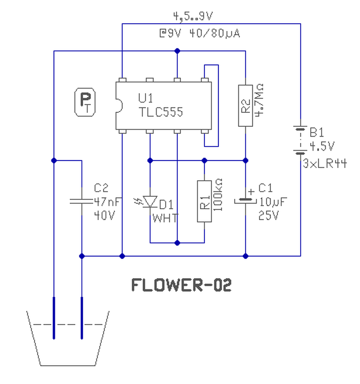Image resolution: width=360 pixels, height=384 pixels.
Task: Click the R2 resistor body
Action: pyautogui.click(x=245, y=106)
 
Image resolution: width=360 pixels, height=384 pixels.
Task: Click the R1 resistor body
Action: pyautogui.click(x=205, y=201)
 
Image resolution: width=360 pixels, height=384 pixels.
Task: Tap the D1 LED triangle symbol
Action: pyautogui.click(x=150, y=201)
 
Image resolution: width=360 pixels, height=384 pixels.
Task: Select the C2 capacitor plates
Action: pyautogui.click(x=82, y=201)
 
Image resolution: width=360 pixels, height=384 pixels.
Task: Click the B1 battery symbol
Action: pyautogui.click(x=300, y=140)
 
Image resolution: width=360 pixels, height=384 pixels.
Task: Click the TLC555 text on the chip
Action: pyautogui.click(x=161, y=112)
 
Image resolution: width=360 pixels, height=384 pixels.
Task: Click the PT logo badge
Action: pyautogui.click(x=85, y=102)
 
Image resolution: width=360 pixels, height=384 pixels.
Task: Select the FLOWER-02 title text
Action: pyautogui.click(x=181, y=285)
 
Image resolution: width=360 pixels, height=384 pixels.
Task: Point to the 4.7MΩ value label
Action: pyautogui.click(x=259, y=100)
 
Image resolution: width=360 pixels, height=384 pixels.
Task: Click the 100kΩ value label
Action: pyautogui.click(x=218, y=195)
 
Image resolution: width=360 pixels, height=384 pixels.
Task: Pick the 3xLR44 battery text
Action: pyautogui.click(x=325, y=163)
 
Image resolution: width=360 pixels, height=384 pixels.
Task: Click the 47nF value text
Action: pyautogui.click(x=108, y=202)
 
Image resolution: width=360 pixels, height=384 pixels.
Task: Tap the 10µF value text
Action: pyautogui.click(x=273, y=202)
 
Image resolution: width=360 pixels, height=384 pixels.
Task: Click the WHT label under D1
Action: pyautogui.click(x=165, y=218)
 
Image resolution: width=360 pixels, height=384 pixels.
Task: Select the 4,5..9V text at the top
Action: pyautogui.click(x=193, y=16)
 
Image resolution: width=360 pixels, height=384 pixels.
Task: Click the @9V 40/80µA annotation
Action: pyautogui.click(x=200, y=33)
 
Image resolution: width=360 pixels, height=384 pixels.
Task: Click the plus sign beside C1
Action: pyautogui.click(x=251, y=191)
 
